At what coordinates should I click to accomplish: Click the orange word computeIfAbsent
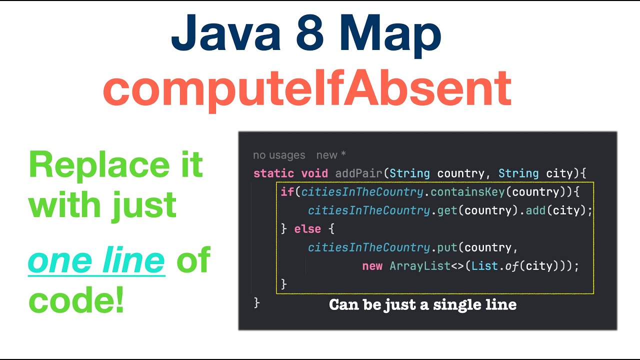tap(307, 89)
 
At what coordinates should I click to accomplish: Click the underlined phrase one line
tap(96, 260)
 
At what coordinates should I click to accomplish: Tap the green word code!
tap(76, 300)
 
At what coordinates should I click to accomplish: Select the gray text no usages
tap(279, 155)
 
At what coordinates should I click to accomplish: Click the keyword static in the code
tap(273, 173)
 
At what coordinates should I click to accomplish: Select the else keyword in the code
tap(307, 229)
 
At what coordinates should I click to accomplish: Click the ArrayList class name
tap(420, 266)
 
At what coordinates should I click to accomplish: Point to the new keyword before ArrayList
tap(372, 266)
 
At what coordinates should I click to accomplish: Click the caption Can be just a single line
tap(422, 304)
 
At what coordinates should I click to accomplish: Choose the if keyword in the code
tap(287, 192)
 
